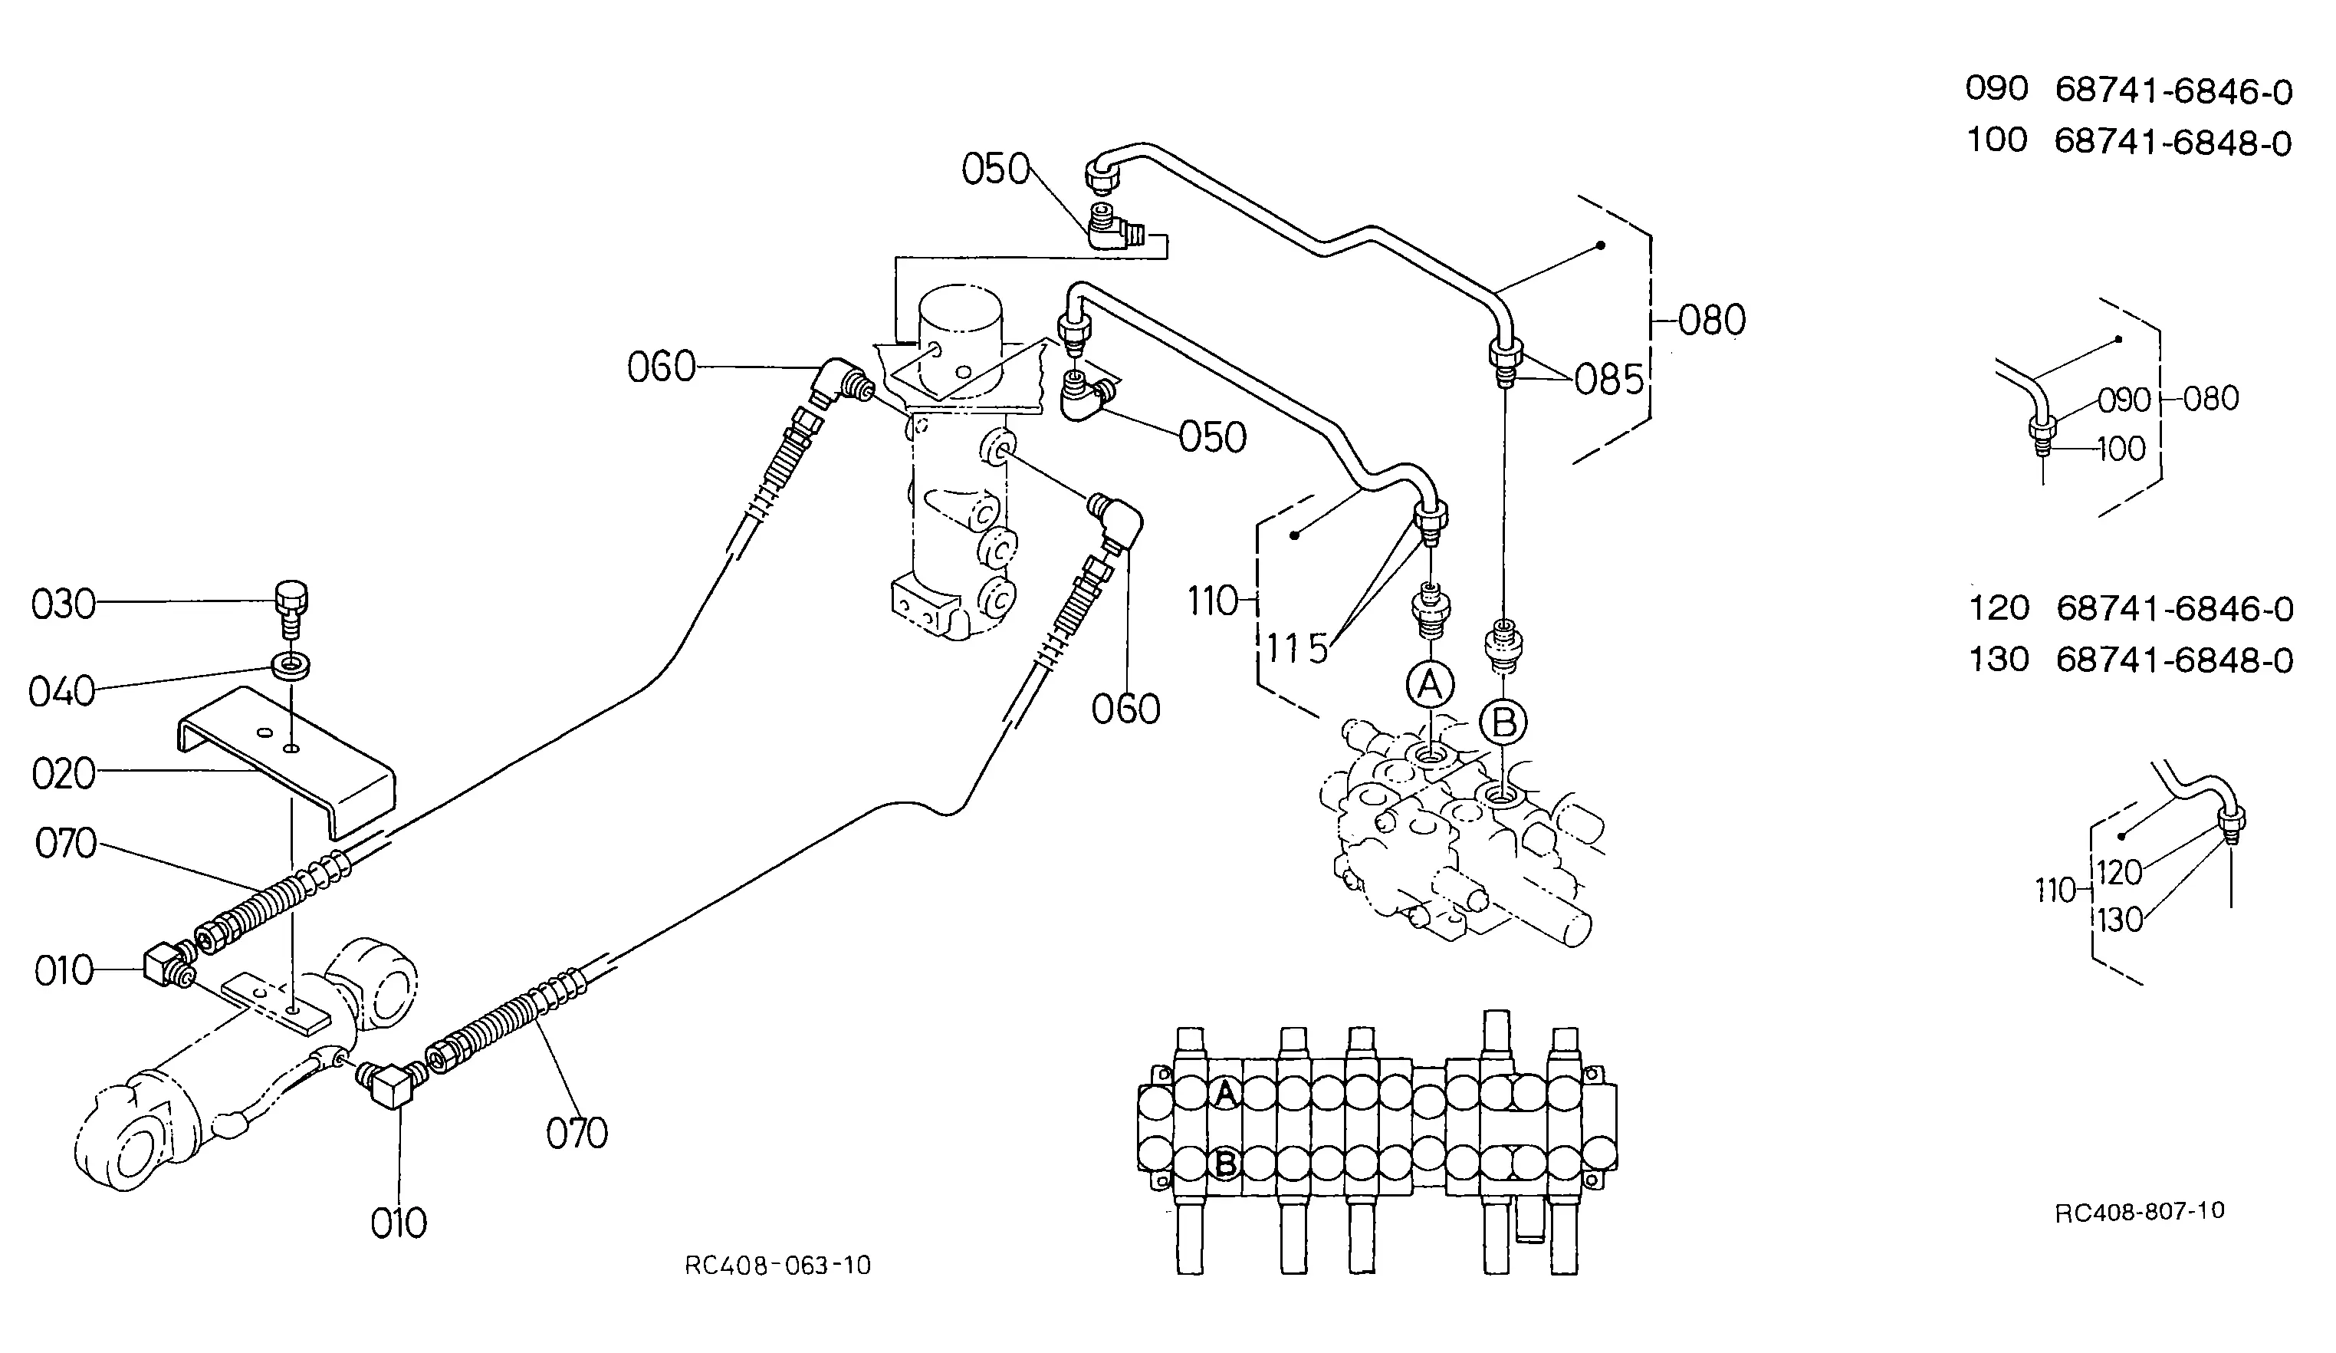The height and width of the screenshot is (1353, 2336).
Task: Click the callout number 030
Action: pyautogui.click(x=63, y=604)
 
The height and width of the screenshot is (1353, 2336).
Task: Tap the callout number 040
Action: pyautogui.click(x=62, y=692)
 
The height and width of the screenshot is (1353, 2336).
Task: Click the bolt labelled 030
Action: pyautogui.click(x=292, y=607)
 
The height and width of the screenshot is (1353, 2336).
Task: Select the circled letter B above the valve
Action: pyautogui.click(x=1503, y=723)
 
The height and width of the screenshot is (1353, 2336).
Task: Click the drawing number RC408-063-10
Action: pyautogui.click(x=777, y=1266)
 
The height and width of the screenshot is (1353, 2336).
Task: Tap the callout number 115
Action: pyautogui.click(x=1298, y=649)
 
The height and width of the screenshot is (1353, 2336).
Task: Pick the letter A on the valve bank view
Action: pyautogui.click(x=1225, y=1095)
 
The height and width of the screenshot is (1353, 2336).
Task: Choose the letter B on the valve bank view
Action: pyautogui.click(x=1225, y=1163)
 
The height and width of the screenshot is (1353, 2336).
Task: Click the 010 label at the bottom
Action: pyautogui.click(x=399, y=1224)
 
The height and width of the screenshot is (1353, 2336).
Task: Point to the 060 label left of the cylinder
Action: pyautogui.click(x=661, y=368)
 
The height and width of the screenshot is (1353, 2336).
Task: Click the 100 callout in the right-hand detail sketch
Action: pyautogui.click(x=2121, y=449)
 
